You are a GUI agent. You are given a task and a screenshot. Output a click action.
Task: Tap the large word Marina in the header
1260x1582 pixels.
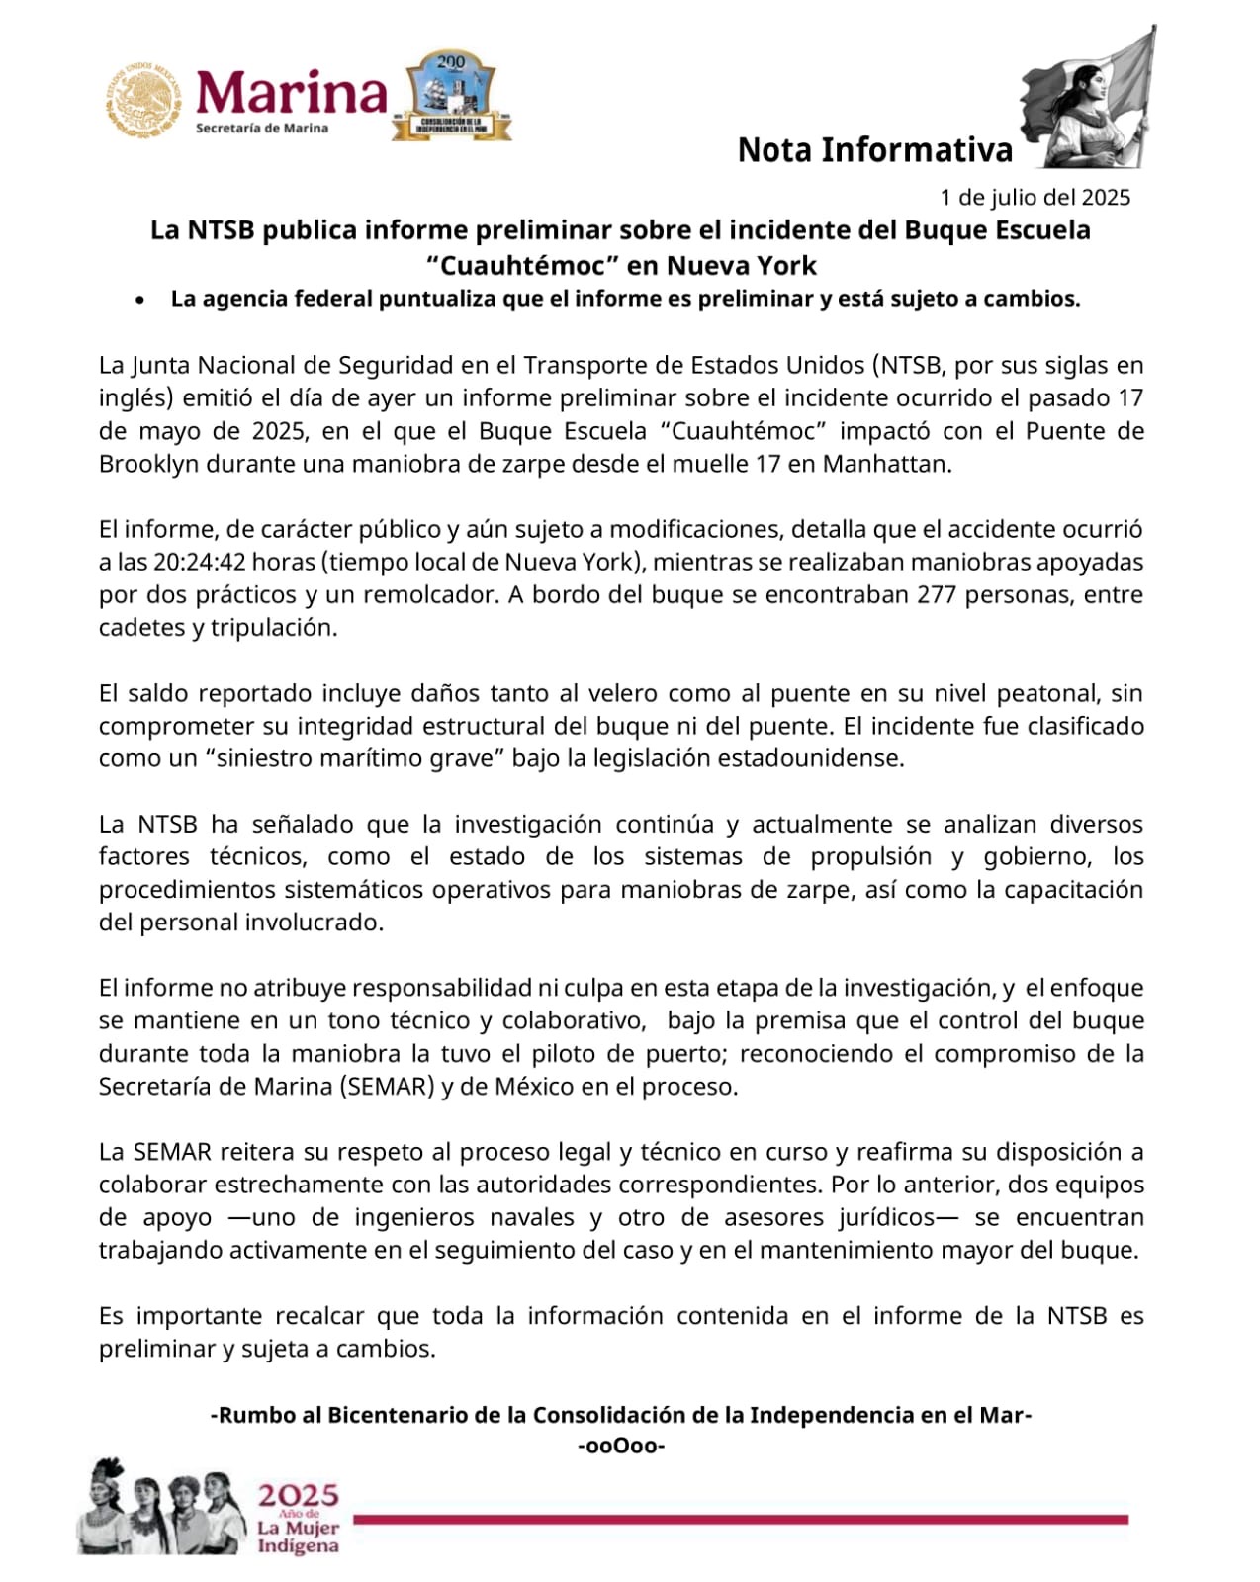coord(292,93)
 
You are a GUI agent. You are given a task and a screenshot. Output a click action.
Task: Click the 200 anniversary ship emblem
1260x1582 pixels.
coord(451,96)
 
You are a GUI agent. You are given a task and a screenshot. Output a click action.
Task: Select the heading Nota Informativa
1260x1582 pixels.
coord(875,150)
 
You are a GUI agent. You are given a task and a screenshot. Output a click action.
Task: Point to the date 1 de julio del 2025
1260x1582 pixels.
coord(1035,197)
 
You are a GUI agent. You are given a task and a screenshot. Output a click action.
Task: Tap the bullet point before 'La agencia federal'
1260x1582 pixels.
coord(143,300)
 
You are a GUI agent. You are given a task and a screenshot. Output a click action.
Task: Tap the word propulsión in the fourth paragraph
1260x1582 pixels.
coord(871,856)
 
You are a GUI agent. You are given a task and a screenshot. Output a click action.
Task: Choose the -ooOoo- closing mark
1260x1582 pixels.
coord(621,1447)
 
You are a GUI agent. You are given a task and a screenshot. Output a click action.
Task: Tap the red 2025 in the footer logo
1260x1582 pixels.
coord(299,1494)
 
